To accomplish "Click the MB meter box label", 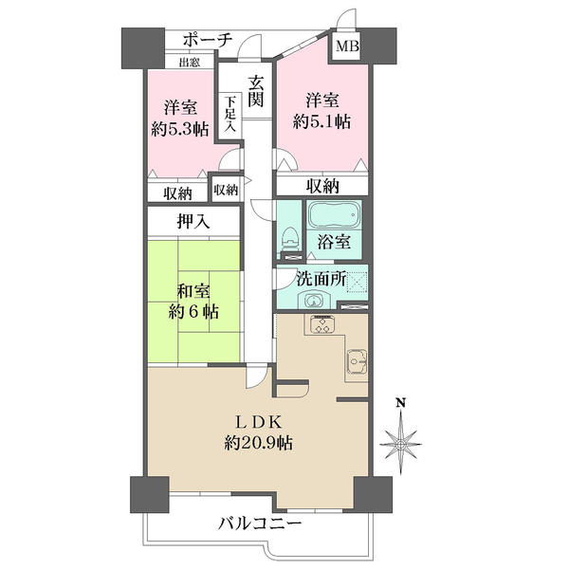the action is (347, 46).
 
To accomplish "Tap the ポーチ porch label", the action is (208, 40).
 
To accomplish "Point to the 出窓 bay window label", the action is (189, 63).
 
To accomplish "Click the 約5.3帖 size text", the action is (180, 129).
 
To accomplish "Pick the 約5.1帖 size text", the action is (321, 121).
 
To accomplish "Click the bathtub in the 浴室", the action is (334, 215).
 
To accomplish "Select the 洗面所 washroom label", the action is (321, 279).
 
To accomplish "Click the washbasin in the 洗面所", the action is (313, 300).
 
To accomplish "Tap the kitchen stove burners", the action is (322, 324).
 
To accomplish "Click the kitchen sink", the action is (358, 361).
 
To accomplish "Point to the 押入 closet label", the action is (193, 221).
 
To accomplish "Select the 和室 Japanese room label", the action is (193, 292).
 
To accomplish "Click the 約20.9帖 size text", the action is (258, 443).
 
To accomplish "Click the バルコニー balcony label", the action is (260, 523).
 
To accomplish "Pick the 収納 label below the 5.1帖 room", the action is (322, 186).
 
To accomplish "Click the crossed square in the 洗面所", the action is (358, 283).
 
